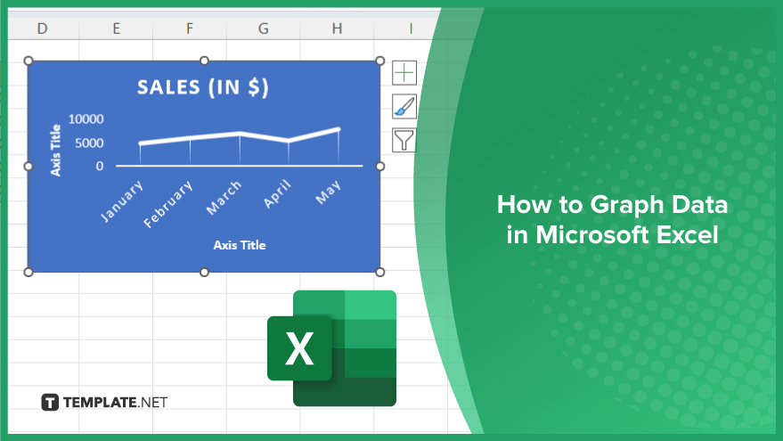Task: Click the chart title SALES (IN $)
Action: point(203,87)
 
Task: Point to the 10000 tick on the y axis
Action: point(86,118)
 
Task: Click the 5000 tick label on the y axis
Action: point(89,143)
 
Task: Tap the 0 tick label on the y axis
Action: point(100,166)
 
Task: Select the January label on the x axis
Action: point(122,201)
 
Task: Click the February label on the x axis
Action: point(167,204)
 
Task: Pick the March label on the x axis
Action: point(224,198)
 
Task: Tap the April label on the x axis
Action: point(277,194)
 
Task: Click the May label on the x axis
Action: point(328,192)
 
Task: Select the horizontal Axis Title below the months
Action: point(240,245)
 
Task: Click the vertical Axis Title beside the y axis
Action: point(55,151)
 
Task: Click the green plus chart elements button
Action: point(404,73)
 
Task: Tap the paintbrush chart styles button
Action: point(404,106)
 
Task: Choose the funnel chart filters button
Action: point(404,140)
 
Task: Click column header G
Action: point(263,29)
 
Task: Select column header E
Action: point(117,29)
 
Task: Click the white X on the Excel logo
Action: point(299,348)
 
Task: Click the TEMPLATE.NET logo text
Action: point(115,402)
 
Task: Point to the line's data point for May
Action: point(338,129)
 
